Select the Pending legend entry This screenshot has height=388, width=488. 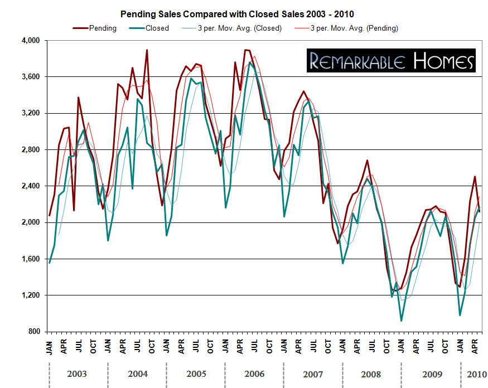pos(103,28)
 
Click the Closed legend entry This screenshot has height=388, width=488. pos(157,28)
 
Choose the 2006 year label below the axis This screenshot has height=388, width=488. pos(254,374)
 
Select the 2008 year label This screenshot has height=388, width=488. pos(371,374)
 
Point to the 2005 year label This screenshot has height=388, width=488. pos(196,374)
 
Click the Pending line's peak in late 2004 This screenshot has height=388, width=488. pos(147,50)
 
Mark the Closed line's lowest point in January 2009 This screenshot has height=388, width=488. pos(401,321)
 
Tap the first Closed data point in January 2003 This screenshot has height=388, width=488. pos(50,263)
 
